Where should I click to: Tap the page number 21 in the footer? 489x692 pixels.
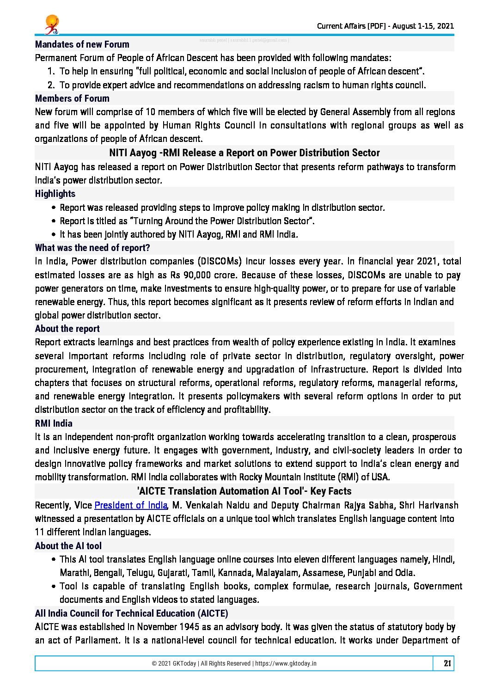(x=447, y=663)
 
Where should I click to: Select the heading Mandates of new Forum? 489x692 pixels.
(x=82, y=44)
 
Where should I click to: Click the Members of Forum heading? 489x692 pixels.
(x=72, y=98)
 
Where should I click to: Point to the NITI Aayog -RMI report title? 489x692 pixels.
(x=244, y=153)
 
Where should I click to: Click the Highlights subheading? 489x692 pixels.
(x=55, y=194)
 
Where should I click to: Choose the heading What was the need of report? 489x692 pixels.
(x=92, y=248)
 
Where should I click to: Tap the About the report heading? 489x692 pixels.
(x=67, y=329)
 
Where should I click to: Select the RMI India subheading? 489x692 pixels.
(x=54, y=423)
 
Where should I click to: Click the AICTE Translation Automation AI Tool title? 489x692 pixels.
(x=244, y=491)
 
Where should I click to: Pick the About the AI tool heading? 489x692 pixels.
(x=68, y=546)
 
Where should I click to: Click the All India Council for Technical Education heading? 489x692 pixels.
(x=131, y=613)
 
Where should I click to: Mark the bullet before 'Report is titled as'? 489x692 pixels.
(x=55, y=221)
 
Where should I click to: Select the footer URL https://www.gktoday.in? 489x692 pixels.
(x=286, y=663)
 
